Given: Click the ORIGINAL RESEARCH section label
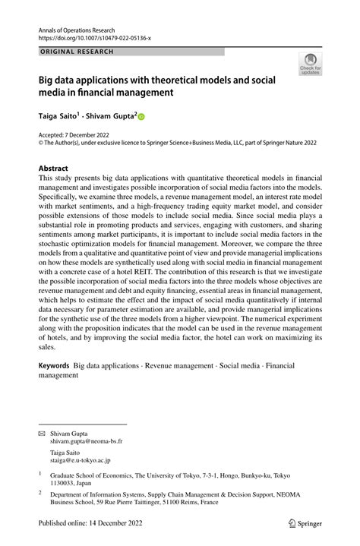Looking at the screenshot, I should pyautogui.click(x=76, y=52).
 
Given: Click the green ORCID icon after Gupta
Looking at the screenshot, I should pyautogui.click(x=141, y=118).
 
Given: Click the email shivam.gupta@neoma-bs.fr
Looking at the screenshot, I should pyautogui.click(x=86, y=440).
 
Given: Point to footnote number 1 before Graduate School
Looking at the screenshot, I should pyautogui.click(x=39, y=473).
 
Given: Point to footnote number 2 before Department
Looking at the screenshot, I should pyautogui.click(x=39, y=492).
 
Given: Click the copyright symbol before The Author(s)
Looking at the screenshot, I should pyautogui.click(x=42, y=142).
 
